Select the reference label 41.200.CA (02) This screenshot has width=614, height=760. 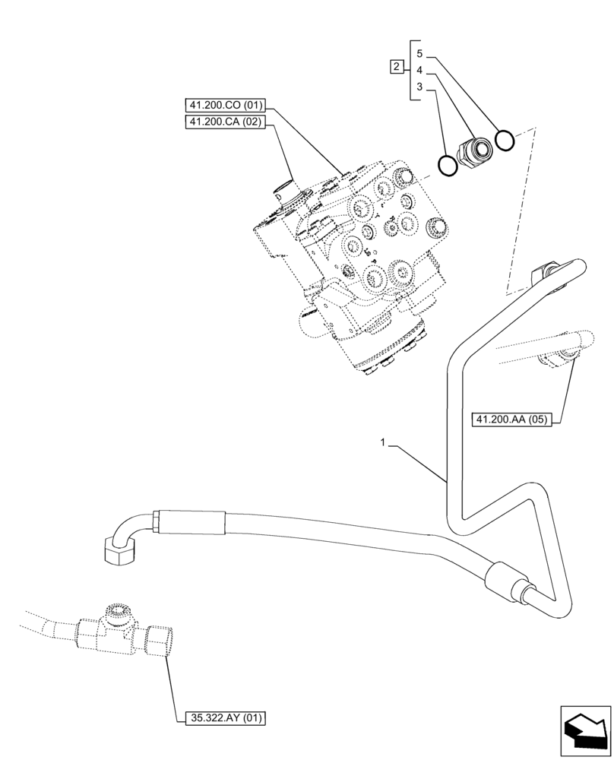coord(224,122)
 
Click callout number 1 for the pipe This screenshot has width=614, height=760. coord(384,442)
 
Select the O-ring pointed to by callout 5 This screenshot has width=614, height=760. coord(505,141)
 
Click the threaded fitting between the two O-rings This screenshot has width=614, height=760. coord(474,150)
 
